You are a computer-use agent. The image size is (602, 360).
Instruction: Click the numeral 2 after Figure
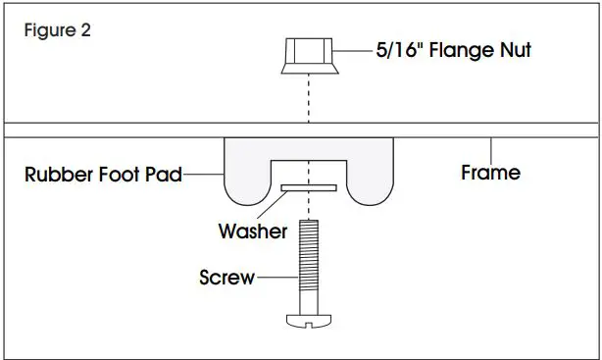(x=86, y=30)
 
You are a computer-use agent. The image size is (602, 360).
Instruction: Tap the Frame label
(x=490, y=173)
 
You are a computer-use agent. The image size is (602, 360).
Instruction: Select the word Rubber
(x=57, y=178)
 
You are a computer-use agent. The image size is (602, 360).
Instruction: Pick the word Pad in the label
(x=165, y=178)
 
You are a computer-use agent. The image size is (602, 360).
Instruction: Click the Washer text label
(x=252, y=232)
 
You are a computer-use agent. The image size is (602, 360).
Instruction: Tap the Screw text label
(x=226, y=278)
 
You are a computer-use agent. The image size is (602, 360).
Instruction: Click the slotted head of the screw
(x=308, y=321)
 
